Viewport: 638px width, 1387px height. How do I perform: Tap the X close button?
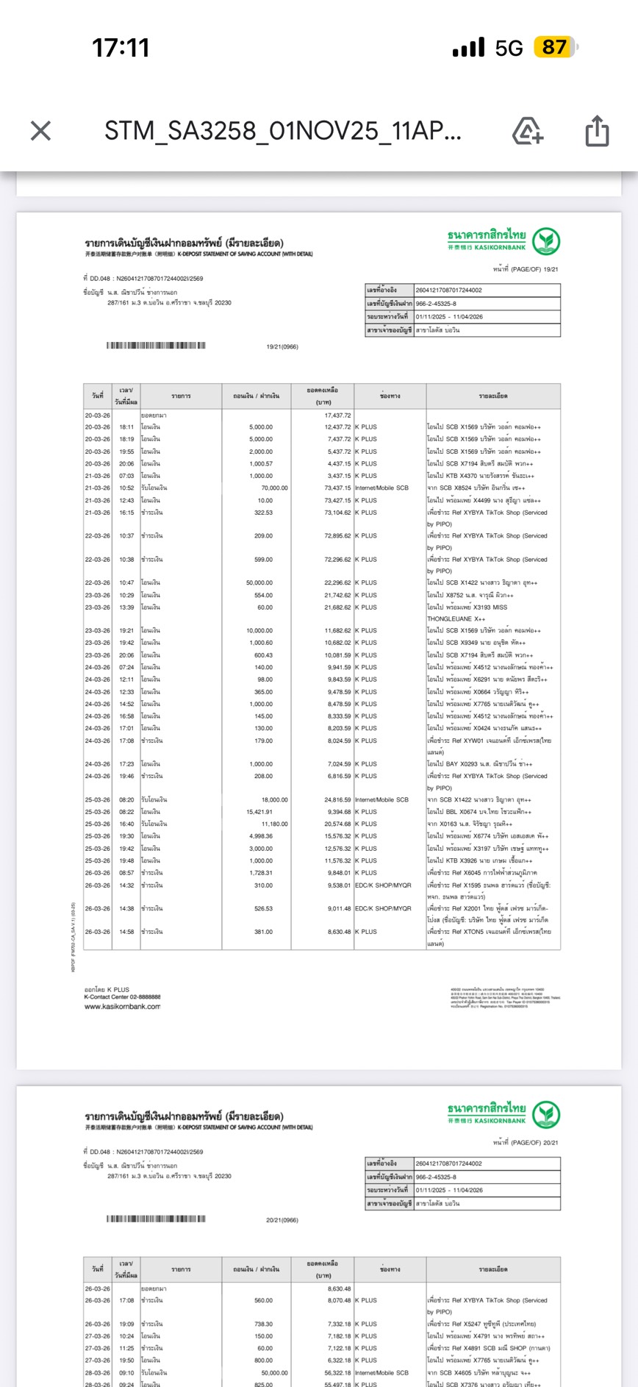point(41,131)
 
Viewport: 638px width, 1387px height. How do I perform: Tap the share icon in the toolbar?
point(597,131)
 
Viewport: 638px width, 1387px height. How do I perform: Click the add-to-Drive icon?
point(527,131)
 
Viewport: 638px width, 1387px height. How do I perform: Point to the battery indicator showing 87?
point(556,48)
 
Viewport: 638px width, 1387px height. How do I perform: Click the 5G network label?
point(509,49)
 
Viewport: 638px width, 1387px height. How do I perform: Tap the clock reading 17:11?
point(121,49)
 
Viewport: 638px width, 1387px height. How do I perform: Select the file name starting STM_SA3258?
point(283,131)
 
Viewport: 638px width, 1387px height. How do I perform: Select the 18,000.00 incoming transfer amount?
point(274,800)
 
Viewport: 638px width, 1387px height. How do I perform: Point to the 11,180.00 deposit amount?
point(274,824)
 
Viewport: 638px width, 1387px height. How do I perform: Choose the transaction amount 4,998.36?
point(260,836)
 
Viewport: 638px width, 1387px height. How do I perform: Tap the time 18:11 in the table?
point(126,427)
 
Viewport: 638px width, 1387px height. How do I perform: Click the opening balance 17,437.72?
point(338,416)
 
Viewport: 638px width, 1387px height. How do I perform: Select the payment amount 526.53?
point(263,909)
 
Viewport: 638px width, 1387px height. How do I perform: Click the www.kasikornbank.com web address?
point(122,1007)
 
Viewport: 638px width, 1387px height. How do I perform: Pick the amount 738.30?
point(263,1324)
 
